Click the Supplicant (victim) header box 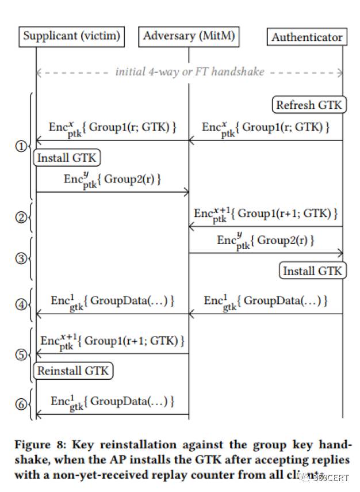pos(71,36)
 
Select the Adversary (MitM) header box pos(189,36)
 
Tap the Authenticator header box pos(307,37)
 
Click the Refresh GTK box pos(309,105)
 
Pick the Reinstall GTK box pos(72,371)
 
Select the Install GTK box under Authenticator pos(313,270)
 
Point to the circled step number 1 pos(20,147)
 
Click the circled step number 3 pos(20,258)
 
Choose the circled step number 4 pos(20,303)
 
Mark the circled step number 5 pos(20,354)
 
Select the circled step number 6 pos(20,405)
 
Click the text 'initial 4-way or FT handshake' pos(189,72)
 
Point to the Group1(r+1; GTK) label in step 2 pos(265,214)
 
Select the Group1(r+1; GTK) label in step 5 pos(112,341)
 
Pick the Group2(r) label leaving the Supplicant pos(113,180)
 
